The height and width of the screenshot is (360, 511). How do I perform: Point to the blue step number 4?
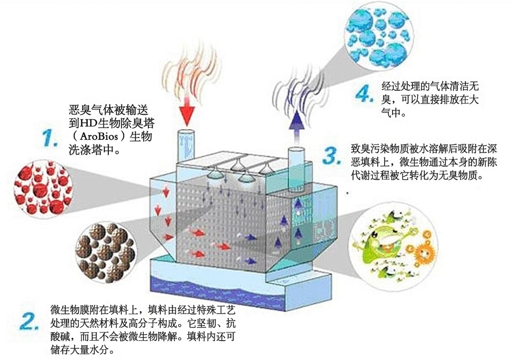coord(364,94)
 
